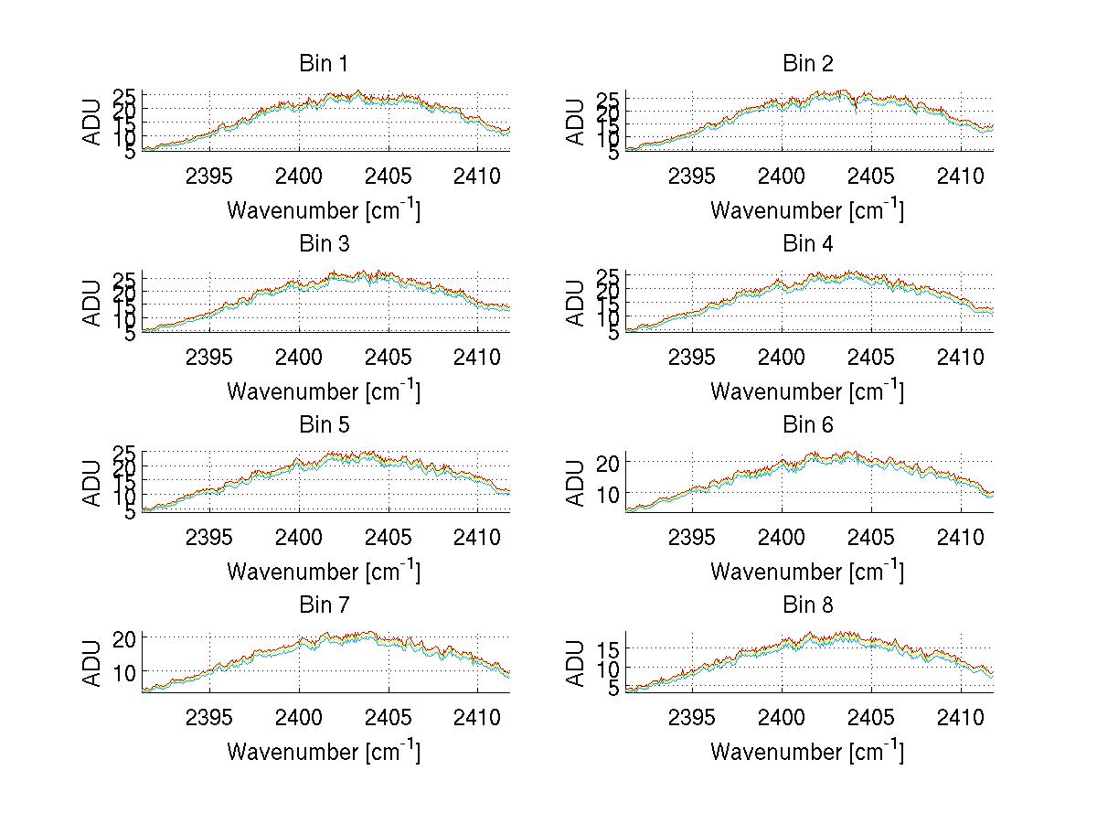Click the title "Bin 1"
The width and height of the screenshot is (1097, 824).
(x=323, y=64)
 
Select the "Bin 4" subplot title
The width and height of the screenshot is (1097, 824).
(x=807, y=244)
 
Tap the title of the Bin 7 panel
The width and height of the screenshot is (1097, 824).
(x=323, y=605)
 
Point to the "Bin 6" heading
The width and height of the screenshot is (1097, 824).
(x=807, y=425)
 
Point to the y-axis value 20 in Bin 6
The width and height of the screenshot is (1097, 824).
(x=610, y=463)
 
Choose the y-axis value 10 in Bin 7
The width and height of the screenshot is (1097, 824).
(x=127, y=671)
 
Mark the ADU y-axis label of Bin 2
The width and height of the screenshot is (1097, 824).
(x=576, y=122)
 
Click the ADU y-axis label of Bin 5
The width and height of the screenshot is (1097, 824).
(x=92, y=483)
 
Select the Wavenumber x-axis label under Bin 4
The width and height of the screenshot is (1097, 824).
(x=807, y=391)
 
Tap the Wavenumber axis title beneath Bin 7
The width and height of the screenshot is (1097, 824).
(x=323, y=752)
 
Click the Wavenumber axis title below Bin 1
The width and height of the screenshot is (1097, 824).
(x=323, y=210)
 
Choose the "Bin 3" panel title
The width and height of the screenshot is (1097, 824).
(x=323, y=244)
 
